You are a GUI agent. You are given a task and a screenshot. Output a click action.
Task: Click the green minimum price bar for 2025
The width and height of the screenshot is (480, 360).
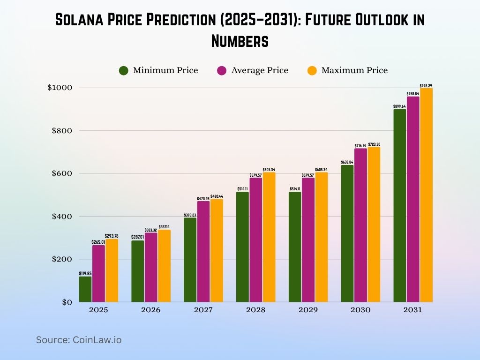pyautogui.click(x=85, y=289)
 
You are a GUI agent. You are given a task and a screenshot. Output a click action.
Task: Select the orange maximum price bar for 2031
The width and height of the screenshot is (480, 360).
pyautogui.click(x=426, y=195)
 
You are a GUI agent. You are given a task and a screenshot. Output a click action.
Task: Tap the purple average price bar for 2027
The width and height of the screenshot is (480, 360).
pyautogui.click(x=203, y=251)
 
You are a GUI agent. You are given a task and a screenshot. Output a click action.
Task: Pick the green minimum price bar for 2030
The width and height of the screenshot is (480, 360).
pyautogui.click(x=347, y=233)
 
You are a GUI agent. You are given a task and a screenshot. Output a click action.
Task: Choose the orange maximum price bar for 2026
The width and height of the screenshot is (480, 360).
pyautogui.click(x=164, y=266)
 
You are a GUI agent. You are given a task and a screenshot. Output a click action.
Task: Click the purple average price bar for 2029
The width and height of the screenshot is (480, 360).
pyautogui.click(x=308, y=240)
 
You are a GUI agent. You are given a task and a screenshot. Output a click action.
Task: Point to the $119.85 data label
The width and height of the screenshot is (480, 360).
pyautogui.click(x=85, y=273)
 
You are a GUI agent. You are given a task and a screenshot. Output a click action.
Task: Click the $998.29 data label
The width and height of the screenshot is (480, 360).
pyautogui.click(x=426, y=85)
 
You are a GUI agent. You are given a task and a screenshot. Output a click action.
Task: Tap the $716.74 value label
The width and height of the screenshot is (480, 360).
pyautogui.click(x=360, y=145)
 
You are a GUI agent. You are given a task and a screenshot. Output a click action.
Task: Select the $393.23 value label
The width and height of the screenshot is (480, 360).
pyautogui.click(x=190, y=215)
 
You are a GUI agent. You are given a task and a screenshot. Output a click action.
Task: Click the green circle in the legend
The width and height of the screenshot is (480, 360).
pyautogui.click(x=124, y=71)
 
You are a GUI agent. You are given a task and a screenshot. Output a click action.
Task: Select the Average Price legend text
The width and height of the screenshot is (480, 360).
pyautogui.click(x=260, y=70)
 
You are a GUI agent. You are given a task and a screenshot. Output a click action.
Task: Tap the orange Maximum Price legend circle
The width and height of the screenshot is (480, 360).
pyautogui.click(x=312, y=71)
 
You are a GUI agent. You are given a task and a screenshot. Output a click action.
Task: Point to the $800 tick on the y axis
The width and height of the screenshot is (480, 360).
pyautogui.click(x=62, y=130)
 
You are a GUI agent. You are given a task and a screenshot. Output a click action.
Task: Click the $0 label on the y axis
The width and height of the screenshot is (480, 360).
pyautogui.click(x=66, y=302)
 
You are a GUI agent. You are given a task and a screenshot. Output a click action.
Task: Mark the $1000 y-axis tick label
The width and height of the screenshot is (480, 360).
pyautogui.click(x=60, y=88)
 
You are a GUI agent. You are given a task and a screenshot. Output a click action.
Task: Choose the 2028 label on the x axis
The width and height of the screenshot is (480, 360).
pyautogui.click(x=255, y=310)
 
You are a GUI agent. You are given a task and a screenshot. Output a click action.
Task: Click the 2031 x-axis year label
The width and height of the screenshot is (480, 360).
pyautogui.click(x=413, y=310)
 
